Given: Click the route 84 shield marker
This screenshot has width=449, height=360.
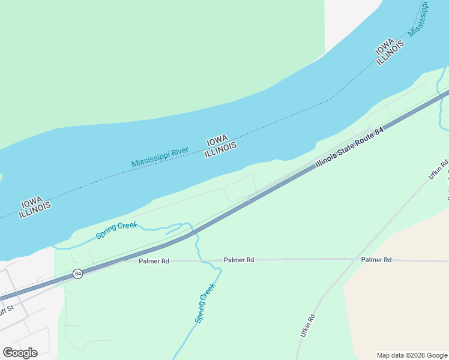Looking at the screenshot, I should pos(78,274).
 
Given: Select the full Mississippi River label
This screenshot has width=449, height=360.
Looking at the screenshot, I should pos(160,157).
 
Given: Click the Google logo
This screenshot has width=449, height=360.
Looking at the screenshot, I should pos(20,352).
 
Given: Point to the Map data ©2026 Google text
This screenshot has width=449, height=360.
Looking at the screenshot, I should pos(412,355).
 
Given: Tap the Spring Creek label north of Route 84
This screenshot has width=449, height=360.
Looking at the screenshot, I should pos(116,230).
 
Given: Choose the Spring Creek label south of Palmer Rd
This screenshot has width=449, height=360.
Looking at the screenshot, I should pos(205,304).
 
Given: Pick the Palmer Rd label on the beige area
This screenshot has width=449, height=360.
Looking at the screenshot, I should pos(376,260).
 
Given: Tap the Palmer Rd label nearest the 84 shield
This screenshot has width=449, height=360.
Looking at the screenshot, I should pos(154,261).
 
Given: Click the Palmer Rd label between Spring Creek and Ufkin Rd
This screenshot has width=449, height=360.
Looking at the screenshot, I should pos(239,260).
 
